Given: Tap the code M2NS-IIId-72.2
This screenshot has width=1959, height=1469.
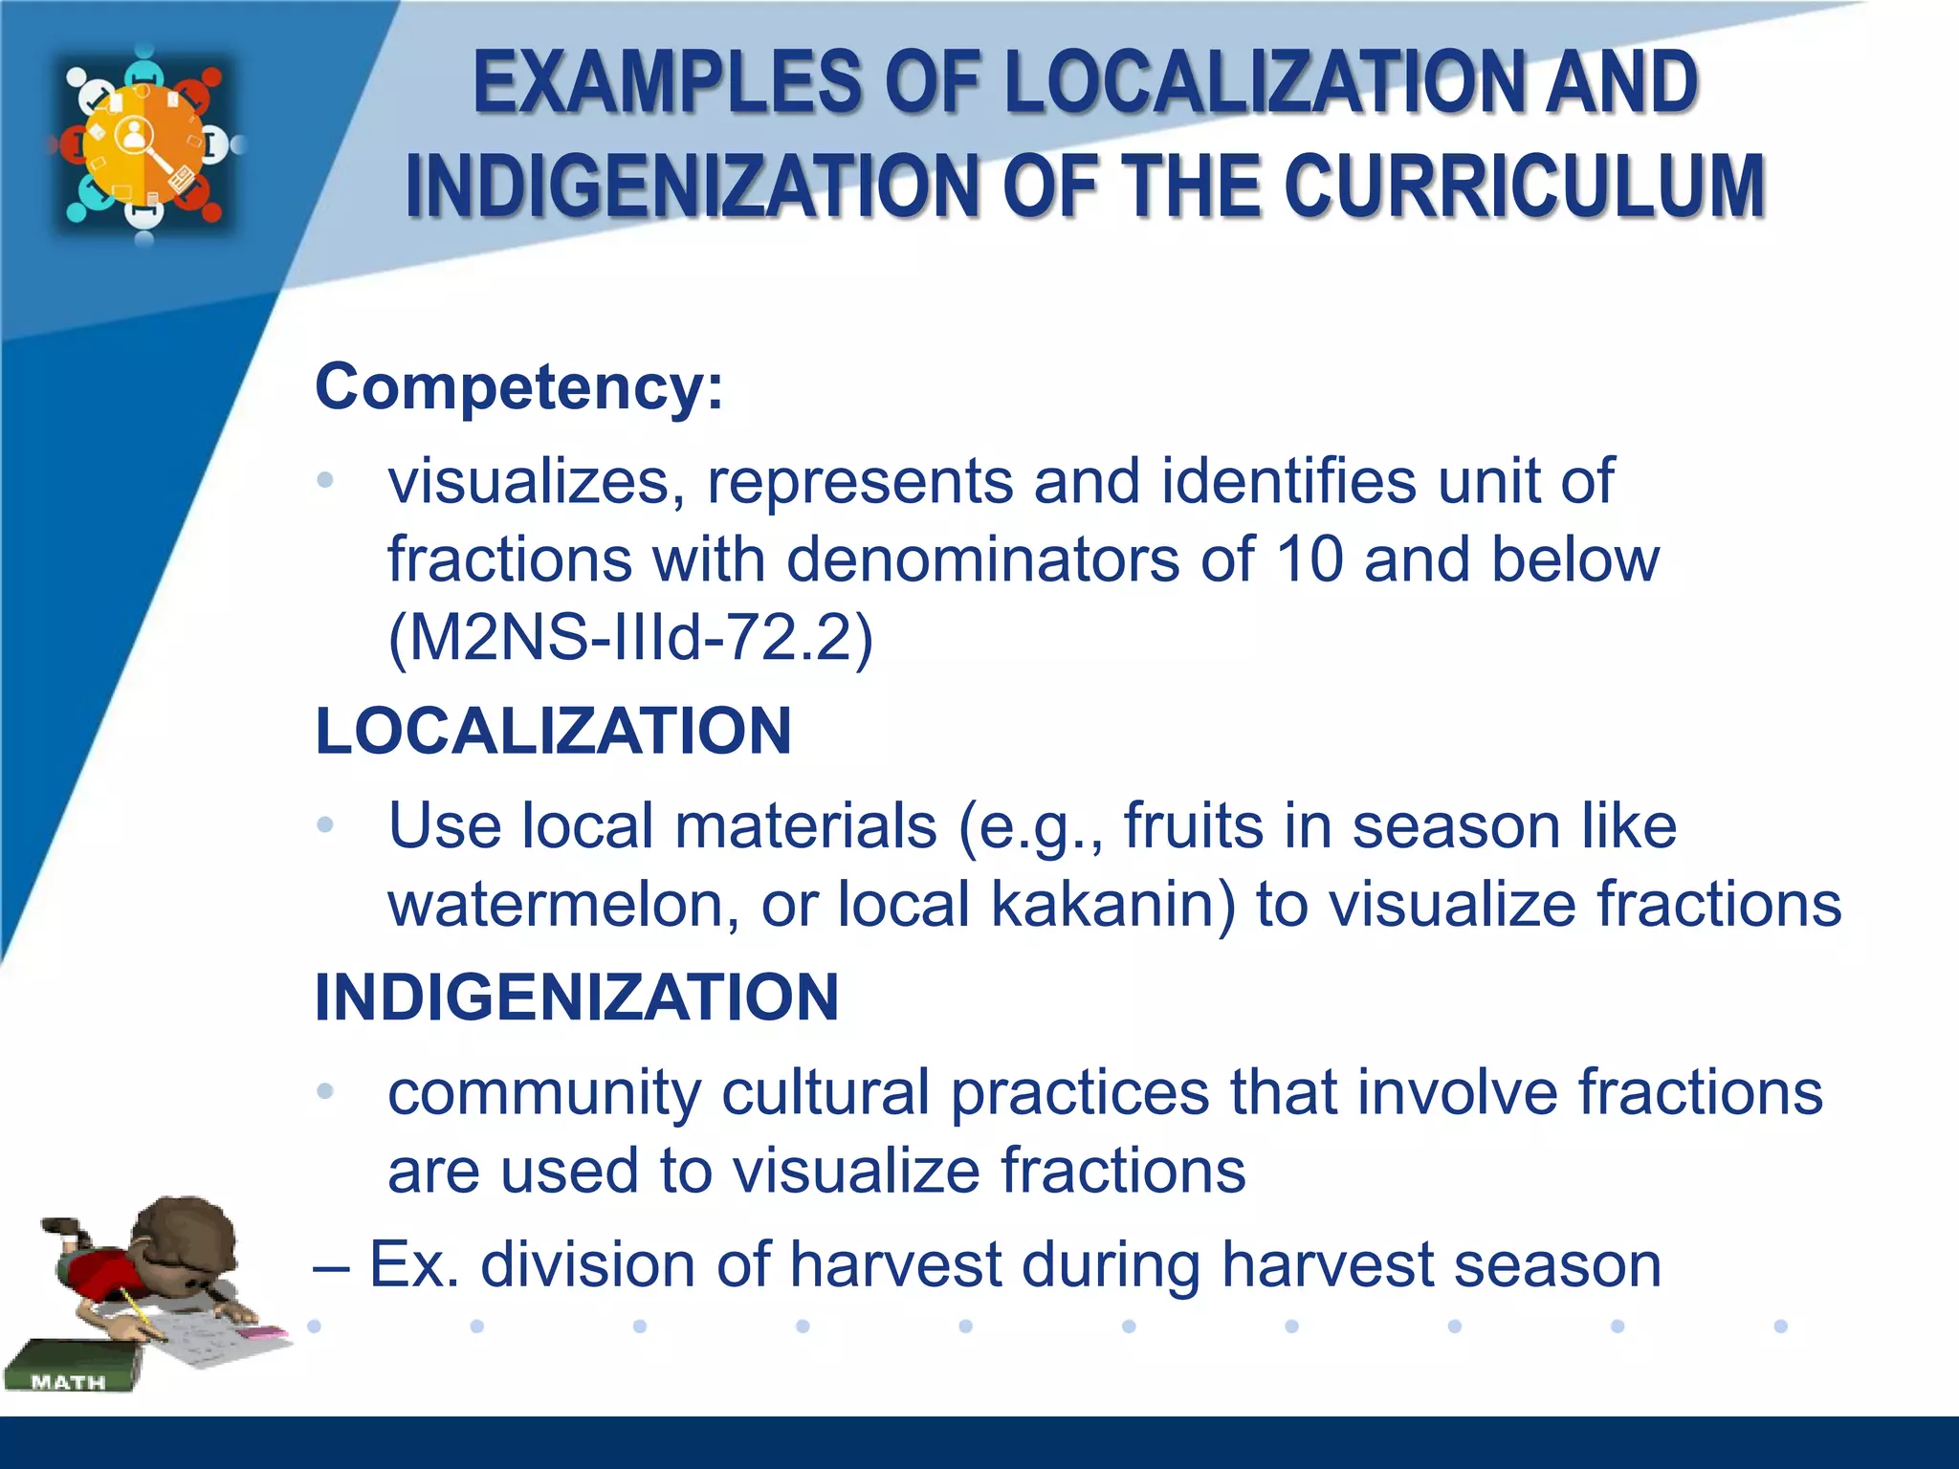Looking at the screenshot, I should pyautogui.click(x=630, y=638).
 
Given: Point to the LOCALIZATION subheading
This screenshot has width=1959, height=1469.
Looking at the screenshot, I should pyautogui.click(x=553, y=731).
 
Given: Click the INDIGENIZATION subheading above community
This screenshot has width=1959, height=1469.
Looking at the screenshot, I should pyautogui.click(x=577, y=998).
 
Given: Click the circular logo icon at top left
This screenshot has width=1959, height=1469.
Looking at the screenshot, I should pyautogui.click(x=144, y=144).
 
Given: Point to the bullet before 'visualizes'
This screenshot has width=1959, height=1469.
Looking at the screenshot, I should pyautogui.click(x=325, y=480).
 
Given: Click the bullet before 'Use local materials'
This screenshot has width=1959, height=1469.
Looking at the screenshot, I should pyautogui.click(x=325, y=824).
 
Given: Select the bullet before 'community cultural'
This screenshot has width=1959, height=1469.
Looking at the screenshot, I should pyautogui.click(x=325, y=1090).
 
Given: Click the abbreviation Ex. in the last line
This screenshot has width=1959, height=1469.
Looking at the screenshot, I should pyautogui.click(x=413, y=1264).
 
